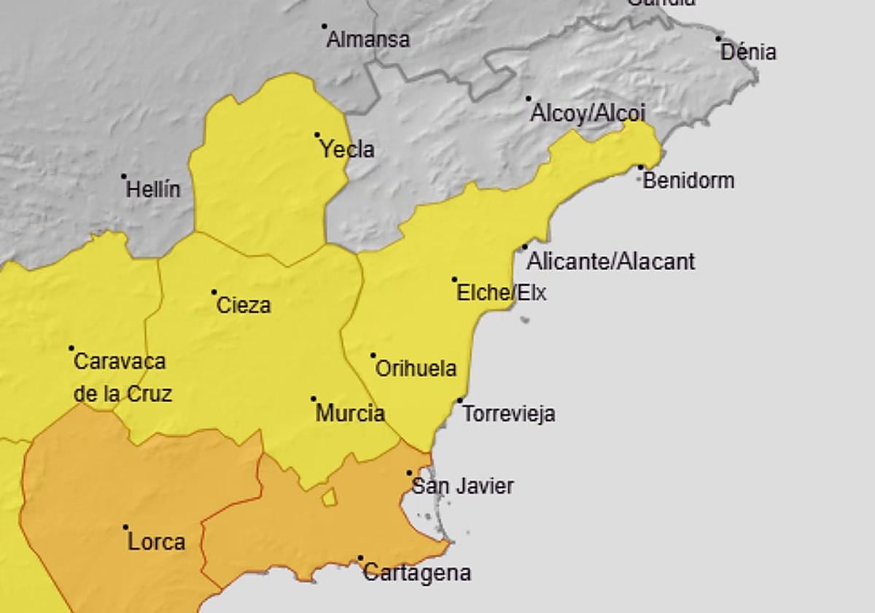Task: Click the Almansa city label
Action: (x=367, y=39)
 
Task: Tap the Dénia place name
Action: (x=748, y=53)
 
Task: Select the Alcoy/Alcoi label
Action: (x=588, y=113)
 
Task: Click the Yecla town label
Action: (x=347, y=150)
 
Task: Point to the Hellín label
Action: (x=153, y=190)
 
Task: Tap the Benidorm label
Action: (x=688, y=180)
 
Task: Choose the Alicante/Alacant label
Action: (x=611, y=261)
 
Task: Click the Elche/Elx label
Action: (x=501, y=293)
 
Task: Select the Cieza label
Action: (x=244, y=305)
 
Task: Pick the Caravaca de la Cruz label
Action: (x=122, y=377)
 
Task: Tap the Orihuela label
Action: (x=416, y=369)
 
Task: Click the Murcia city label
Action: (x=350, y=414)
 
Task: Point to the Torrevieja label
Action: (x=509, y=414)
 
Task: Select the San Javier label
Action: (x=463, y=486)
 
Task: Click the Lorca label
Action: (x=156, y=541)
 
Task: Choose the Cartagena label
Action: (x=416, y=573)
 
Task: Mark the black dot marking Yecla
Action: (x=317, y=135)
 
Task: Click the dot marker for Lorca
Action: (x=125, y=527)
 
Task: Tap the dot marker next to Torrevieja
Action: (x=459, y=400)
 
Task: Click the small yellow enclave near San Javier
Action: (x=330, y=497)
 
